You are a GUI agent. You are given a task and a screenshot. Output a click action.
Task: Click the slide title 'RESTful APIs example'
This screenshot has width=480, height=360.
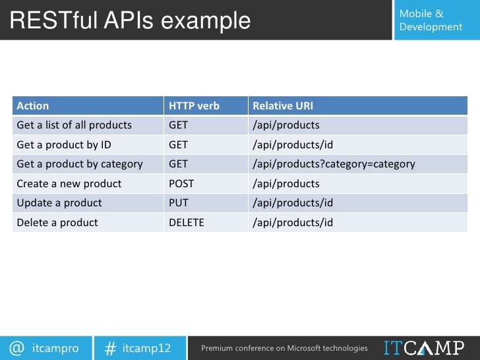131,21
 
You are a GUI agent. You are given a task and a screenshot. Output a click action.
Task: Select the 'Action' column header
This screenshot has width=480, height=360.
33,105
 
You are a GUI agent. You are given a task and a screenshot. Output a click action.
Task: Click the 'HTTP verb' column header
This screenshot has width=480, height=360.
194,105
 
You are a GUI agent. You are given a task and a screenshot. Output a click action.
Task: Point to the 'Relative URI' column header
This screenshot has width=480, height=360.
283,105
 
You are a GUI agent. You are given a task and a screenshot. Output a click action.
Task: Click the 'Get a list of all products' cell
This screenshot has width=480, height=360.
74,125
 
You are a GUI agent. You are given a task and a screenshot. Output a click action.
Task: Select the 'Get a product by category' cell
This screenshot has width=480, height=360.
79,164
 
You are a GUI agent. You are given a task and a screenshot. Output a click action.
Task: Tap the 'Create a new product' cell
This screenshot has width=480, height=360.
69,183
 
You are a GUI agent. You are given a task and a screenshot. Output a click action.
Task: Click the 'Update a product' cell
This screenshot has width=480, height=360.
59,203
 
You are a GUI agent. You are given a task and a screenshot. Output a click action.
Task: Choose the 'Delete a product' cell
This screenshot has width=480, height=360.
57,222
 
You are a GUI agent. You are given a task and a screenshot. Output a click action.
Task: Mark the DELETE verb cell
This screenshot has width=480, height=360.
187,222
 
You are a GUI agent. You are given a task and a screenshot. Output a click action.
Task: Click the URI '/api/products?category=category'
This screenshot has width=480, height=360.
334,164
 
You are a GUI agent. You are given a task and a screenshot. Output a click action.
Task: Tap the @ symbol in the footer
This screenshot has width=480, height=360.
17,347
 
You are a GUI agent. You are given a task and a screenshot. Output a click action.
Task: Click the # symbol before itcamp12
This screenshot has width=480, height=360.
111,347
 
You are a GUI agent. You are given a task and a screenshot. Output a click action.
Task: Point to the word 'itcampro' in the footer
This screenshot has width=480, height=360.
55,347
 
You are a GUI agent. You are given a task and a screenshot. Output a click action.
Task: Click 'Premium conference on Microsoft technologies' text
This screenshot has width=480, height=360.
284,347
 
